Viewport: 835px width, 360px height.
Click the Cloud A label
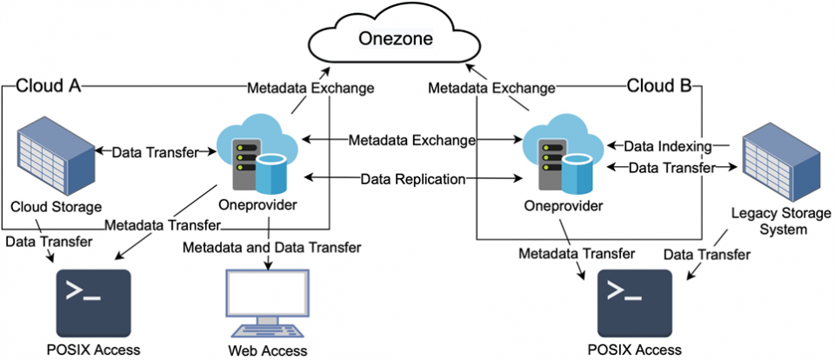pyautogui.click(x=50, y=86)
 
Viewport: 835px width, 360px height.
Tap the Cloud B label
pyautogui.click(x=659, y=86)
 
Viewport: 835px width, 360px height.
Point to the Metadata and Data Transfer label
pyautogui.click(x=271, y=248)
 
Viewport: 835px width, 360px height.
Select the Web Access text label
pyautogui.click(x=267, y=350)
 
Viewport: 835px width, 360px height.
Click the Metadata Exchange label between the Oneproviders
pyautogui.click(x=411, y=140)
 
